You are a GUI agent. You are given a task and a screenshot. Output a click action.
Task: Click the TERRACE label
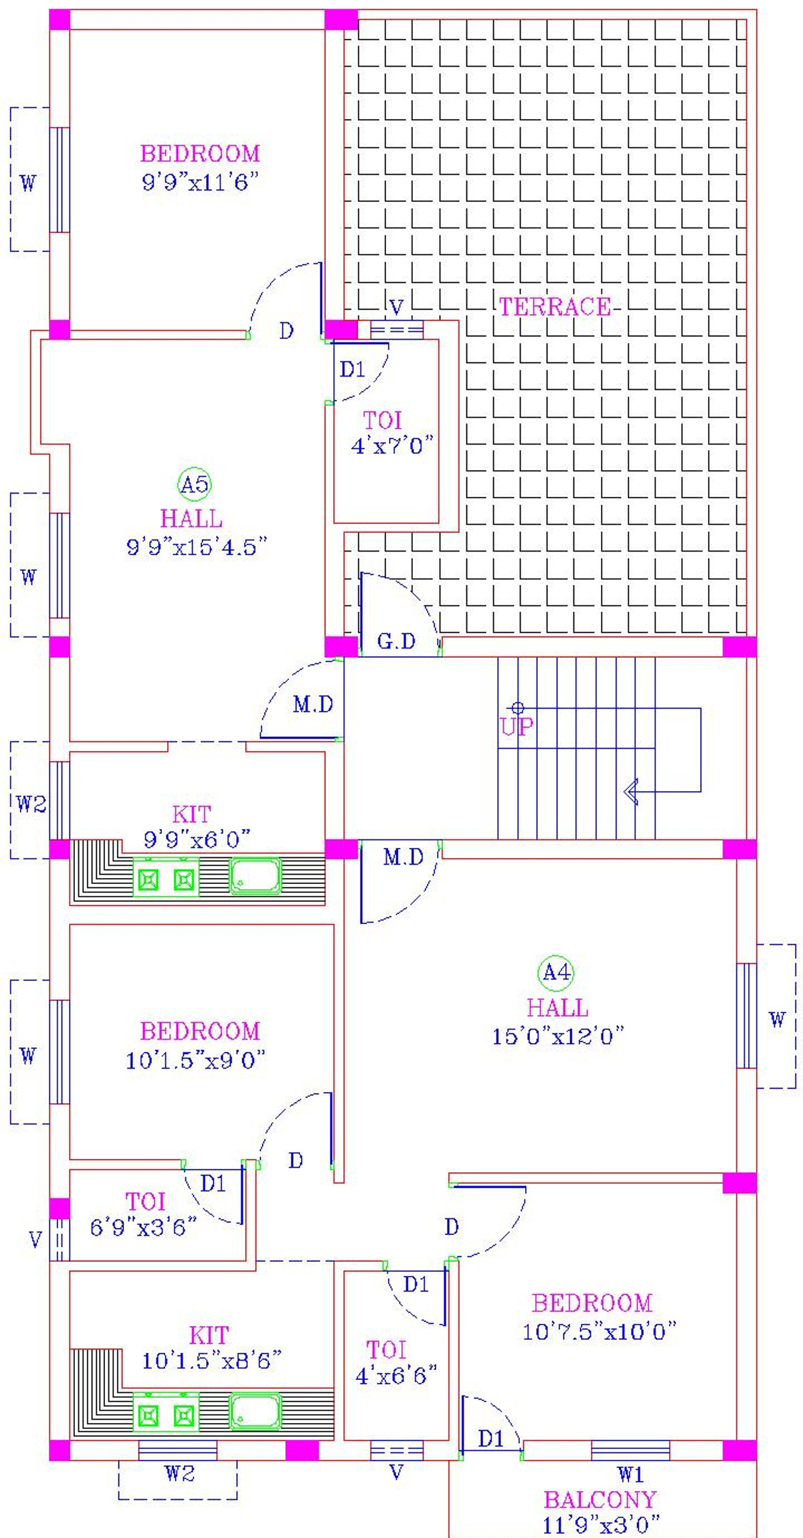click(555, 307)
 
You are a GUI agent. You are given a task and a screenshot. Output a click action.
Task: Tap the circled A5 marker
click(195, 483)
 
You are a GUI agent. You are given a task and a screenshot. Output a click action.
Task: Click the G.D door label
click(396, 641)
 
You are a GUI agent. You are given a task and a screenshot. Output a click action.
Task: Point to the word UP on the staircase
click(517, 727)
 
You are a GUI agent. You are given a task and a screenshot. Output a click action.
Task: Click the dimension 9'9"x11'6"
click(200, 182)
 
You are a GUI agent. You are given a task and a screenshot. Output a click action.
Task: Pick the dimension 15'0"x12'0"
click(558, 1036)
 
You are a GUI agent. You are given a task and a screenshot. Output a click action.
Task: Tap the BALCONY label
click(600, 1500)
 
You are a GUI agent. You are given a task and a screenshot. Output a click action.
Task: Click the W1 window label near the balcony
click(630, 1474)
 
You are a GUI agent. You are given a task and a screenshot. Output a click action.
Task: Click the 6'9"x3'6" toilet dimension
click(144, 1227)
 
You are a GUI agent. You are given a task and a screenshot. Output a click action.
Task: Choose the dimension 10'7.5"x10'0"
click(600, 1331)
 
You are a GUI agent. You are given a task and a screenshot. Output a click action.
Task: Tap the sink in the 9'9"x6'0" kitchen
click(255, 876)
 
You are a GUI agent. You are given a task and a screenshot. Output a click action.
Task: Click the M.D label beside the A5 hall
click(313, 704)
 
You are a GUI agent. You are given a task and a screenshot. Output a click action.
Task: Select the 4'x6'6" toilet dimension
click(396, 1376)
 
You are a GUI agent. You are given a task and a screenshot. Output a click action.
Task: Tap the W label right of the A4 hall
click(777, 1020)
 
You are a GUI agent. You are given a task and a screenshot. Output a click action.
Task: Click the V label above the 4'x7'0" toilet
click(396, 307)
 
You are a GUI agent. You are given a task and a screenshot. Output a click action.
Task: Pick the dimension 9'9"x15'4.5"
click(197, 547)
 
